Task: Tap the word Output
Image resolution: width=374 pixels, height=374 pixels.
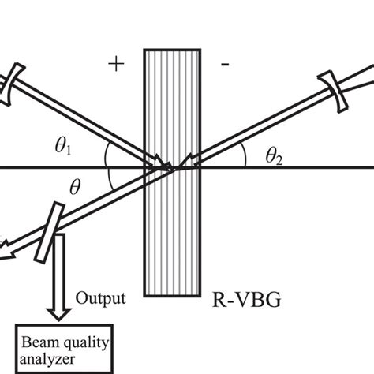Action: pos(101,297)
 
